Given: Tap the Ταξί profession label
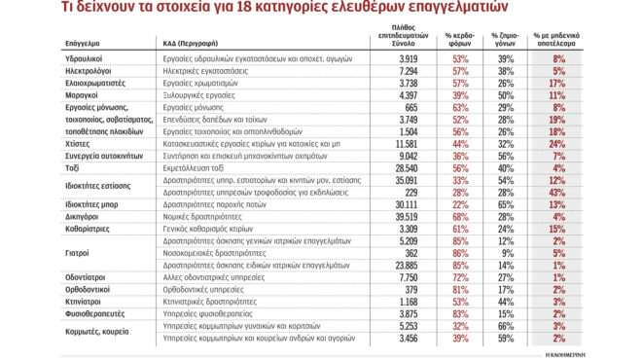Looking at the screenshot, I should click(x=18, y=167).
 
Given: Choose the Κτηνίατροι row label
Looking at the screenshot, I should click(x=30, y=302).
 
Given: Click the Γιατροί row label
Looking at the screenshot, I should click(x=24, y=253).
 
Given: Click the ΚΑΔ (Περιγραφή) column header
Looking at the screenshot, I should click(x=194, y=44).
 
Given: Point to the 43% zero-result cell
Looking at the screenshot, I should click(x=584, y=192).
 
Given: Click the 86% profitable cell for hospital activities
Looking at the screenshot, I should click(x=459, y=253).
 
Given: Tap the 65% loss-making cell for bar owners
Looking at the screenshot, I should click(x=506, y=204).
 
